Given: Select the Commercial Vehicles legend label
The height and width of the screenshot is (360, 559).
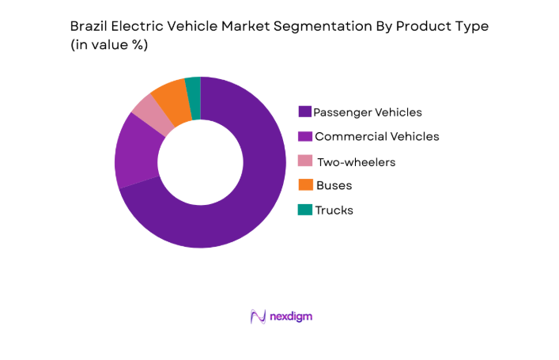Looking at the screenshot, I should click(x=376, y=136).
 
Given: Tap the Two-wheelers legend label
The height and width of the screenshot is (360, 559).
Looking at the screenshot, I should click(x=356, y=161).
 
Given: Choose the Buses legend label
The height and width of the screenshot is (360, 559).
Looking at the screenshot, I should click(x=333, y=185).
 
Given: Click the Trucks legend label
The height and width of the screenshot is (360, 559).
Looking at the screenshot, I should click(x=334, y=210).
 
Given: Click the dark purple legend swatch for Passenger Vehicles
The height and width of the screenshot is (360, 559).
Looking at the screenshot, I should click(x=304, y=112).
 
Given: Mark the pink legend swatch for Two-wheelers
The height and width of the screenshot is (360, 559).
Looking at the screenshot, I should click(x=304, y=161).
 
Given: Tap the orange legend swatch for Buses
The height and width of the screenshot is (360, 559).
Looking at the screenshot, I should click(x=304, y=185).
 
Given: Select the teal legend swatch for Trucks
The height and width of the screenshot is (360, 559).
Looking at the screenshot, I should click(x=304, y=210).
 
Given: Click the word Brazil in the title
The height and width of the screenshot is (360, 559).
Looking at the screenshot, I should click(x=89, y=26).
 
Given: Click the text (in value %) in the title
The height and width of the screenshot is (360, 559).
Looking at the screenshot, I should click(x=110, y=45).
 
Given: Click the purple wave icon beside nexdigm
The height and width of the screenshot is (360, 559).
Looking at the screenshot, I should click(x=258, y=316).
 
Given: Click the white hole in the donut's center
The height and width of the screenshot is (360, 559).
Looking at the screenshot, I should click(x=200, y=162).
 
